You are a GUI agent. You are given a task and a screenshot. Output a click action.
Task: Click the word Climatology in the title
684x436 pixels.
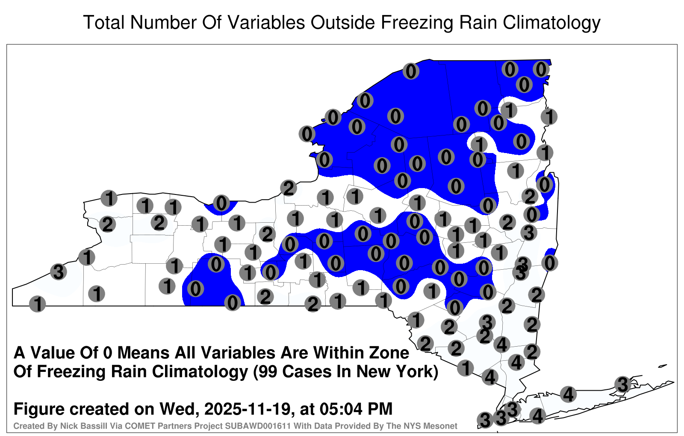551,23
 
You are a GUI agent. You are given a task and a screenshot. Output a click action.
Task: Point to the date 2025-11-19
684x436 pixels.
247,409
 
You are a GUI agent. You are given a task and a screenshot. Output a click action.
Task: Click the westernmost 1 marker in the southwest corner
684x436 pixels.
37,304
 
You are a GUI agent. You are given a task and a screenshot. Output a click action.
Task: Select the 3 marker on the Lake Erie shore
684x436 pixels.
58,271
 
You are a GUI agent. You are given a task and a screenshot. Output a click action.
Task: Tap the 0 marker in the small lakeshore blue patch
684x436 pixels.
221,203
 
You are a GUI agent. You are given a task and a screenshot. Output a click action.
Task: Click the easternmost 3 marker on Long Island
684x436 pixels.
622,384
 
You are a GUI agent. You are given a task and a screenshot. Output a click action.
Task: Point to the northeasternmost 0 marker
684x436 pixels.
541,69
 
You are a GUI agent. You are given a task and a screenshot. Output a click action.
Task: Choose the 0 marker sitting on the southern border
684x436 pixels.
233,303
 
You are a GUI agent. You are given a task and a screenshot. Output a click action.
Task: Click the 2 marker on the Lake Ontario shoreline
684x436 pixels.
289,188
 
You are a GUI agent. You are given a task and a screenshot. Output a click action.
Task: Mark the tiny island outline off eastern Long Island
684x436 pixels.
663,366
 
